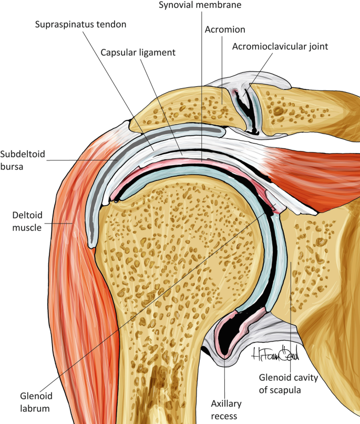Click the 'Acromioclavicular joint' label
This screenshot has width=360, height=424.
[280, 46]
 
